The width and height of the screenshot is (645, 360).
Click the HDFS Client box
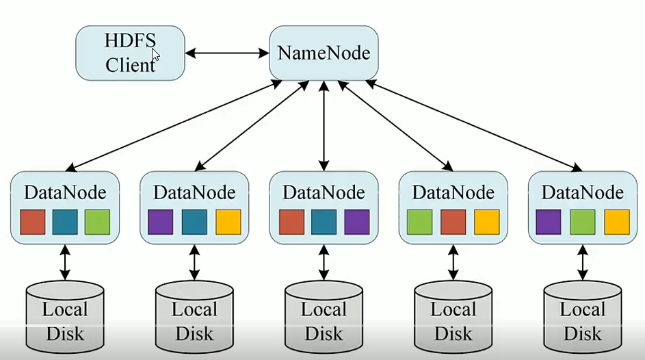[x=130, y=53]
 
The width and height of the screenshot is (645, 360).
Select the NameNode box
[x=324, y=53]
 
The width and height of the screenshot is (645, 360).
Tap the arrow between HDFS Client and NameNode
[x=226, y=53]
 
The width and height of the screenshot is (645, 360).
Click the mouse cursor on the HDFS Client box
[x=155, y=55]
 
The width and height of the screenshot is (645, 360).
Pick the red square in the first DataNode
[x=32, y=222]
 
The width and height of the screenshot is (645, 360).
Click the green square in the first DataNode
[x=97, y=222]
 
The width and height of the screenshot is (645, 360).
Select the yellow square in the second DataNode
[x=228, y=222]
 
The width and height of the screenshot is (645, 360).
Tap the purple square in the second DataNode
[x=161, y=222]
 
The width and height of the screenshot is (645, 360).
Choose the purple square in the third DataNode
[x=356, y=222]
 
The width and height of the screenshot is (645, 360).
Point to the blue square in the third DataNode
[x=324, y=222]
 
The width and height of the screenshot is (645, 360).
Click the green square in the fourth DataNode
[x=419, y=222]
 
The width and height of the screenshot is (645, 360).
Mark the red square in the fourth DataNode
[x=453, y=222]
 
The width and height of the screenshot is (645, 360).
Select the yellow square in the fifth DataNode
[x=616, y=222]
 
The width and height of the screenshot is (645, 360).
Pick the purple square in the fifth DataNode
[x=549, y=222]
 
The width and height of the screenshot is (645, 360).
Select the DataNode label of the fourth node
[x=453, y=192]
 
